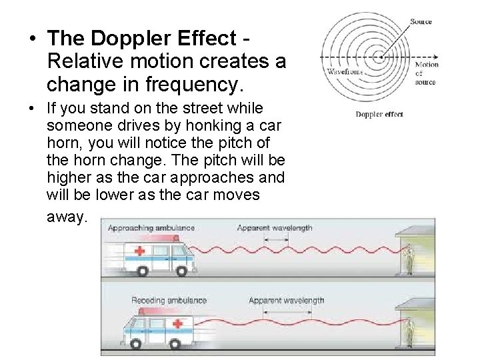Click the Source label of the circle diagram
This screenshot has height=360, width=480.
coord(421,22)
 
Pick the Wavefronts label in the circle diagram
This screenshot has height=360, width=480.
coord(343,71)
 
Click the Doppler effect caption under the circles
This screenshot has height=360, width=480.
coord(379,114)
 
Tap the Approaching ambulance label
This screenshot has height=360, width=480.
coord(151,228)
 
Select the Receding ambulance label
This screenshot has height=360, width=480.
coord(169,301)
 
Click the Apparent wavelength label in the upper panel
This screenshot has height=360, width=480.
coord(275,228)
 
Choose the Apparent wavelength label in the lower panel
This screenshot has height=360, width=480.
coord(287,301)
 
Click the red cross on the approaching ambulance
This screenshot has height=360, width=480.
coord(140,251)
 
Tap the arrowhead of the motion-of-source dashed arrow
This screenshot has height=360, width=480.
coord(435,55)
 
